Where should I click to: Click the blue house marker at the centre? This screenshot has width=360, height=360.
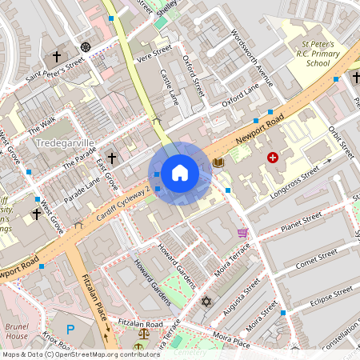click(180, 173)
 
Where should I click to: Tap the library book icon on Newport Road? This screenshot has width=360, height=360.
click(218, 163)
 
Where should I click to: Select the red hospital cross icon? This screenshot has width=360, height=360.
click(274, 158)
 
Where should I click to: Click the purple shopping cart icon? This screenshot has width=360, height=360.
click(242, 233)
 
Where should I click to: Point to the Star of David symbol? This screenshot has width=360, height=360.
click(206, 302)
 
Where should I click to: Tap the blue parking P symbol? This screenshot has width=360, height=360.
click(70, 329)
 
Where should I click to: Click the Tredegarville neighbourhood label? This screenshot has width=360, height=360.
click(66, 142)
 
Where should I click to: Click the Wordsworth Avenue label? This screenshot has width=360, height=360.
click(251, 58)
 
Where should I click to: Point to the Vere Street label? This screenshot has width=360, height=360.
click(154, 53)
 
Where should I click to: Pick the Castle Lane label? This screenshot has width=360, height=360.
click(170, 88)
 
